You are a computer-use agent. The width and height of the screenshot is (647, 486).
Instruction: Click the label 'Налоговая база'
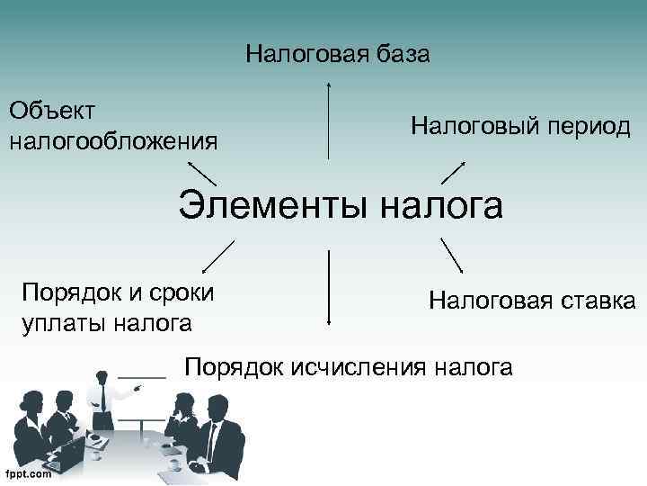(x=338, y=55)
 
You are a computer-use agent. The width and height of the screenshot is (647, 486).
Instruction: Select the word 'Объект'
(x=52, y=111)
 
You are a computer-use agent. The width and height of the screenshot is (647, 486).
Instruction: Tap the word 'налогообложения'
(x=113, y=140)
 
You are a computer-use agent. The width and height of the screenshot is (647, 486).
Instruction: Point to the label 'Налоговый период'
(x=521, y=127)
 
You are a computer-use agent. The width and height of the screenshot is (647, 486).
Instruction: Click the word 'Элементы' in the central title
(x=275, y=204)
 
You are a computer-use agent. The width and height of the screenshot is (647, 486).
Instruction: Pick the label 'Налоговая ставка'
(x=532, y=299)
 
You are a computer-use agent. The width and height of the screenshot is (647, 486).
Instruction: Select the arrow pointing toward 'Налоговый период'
(x=453, y=172)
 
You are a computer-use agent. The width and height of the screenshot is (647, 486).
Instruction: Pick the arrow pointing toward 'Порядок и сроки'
(x=217, y=256)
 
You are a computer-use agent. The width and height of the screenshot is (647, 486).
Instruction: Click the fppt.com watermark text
(x=28, y=474)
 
